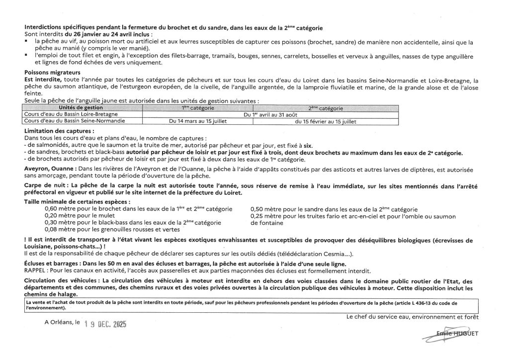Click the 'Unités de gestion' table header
coord(80,107)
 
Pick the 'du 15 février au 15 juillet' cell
coord(326,120)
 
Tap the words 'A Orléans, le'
coord(62,322)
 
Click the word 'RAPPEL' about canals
coord(35,271)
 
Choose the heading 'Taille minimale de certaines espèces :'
coord(77,202)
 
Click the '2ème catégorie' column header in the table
coord(326,107)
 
